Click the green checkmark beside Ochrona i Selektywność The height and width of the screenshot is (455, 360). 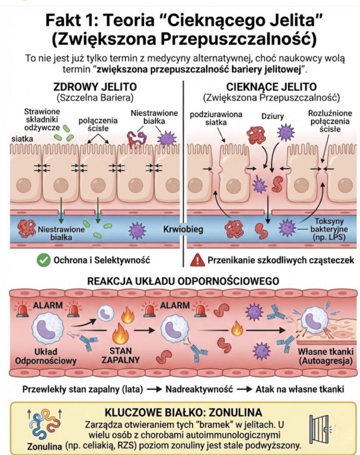tap(44, 260)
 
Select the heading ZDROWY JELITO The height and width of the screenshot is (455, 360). tap(95, 87)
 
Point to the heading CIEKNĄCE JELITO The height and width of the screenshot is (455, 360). tap(271, 87)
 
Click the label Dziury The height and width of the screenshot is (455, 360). tap(272, 116)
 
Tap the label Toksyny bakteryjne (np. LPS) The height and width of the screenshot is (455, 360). tap(329, 229)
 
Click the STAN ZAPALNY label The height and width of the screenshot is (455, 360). tap(121, 355)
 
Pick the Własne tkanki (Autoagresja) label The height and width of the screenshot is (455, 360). tap(325, 356)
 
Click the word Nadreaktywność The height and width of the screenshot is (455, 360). tap(199, 389)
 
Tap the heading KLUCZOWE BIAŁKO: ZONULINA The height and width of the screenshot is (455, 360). tap(183, 412)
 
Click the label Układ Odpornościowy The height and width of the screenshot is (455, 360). tap(46, 356)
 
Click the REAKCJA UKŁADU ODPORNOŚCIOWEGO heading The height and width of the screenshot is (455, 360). tap(183, 281)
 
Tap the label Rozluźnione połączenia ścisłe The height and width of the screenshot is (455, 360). tap(330, 121)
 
